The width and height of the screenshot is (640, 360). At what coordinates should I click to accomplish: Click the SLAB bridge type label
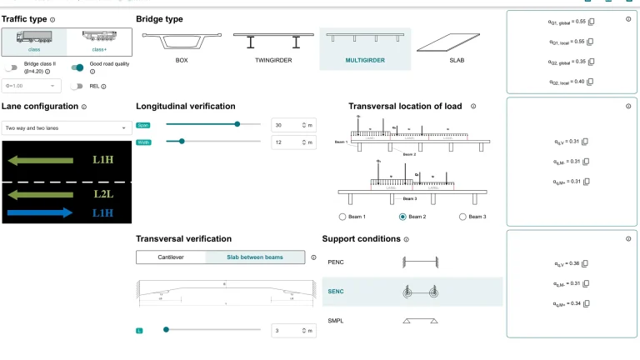[x=456, y=61]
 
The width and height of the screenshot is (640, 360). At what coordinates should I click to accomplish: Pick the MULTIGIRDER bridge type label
[x=364, y=61]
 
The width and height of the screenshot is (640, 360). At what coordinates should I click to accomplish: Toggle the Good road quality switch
[x=77, y=67]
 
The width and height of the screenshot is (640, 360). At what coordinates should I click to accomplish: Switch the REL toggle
[x=77, y=86]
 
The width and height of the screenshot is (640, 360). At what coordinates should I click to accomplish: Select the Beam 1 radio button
[x=343, y=217]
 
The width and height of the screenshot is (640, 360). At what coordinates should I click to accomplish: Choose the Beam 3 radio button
[x=463, y=217]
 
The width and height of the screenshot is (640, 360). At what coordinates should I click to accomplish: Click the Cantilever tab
[x=171, y=257]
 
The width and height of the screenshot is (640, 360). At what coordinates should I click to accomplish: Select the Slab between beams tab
[x=255, y=257]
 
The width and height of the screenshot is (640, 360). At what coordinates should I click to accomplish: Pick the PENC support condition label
[x=336, y=262]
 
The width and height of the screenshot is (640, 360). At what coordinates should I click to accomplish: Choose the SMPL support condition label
[x=336, y=320]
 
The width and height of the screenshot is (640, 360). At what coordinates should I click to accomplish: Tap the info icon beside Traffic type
[x=52, y=19]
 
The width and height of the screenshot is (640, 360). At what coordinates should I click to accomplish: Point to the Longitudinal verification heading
[x=185, y=107]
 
